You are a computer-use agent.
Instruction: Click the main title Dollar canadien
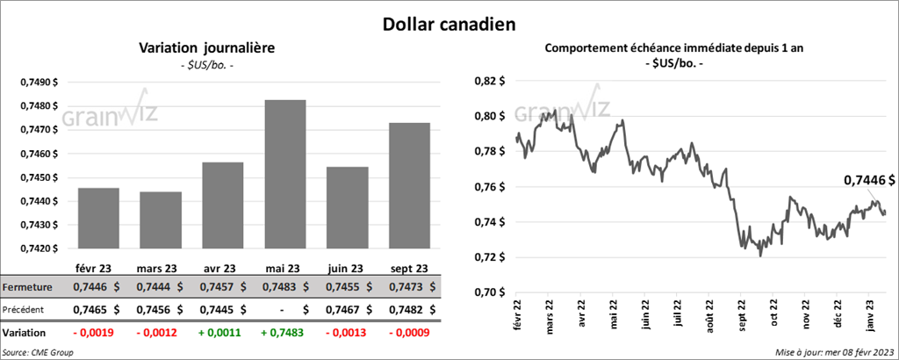[449, 23]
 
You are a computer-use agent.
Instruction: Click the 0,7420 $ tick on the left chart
[40, 249]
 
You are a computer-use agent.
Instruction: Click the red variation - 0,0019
[97, 334]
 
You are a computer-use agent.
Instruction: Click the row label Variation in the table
[25, 334]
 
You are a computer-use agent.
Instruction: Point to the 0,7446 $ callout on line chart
[869, 180]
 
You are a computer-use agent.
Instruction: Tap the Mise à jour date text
[834, 352]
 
